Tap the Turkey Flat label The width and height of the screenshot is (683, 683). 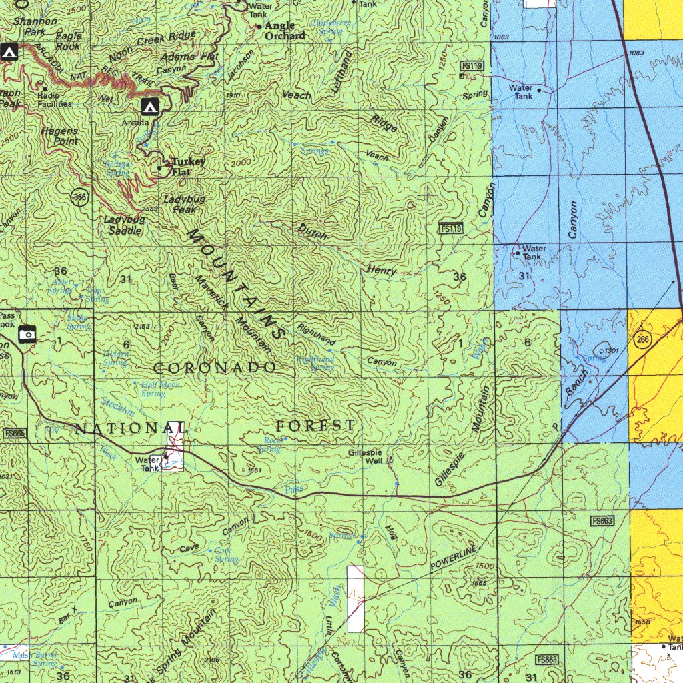tap(187, 167)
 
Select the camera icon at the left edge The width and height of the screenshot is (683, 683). tap(27, 333)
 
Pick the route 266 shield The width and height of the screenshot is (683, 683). tap(643, 339)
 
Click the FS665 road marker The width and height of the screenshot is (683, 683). tap(14, 434)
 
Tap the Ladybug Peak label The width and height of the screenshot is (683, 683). tap(184, 205)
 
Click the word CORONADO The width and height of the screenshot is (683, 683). tap(215, 368)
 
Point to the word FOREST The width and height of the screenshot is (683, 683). tap(316, 425)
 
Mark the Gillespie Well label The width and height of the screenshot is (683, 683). tap(365, 456)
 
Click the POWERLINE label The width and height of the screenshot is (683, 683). tap(454, 558)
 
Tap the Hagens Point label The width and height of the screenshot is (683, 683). tap(59, 136)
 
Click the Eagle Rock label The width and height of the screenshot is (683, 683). tap(69, 41)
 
